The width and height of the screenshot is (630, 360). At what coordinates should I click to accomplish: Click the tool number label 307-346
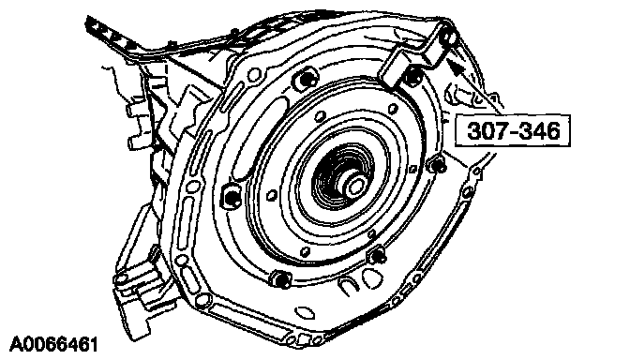tap(514, 130)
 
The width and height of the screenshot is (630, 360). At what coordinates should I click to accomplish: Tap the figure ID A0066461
tap(53, 345)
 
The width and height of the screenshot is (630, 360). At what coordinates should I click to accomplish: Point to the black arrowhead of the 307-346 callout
tap(455, 67)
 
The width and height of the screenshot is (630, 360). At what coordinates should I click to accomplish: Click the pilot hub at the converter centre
tap(354, 185)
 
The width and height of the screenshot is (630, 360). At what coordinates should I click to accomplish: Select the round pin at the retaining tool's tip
tap(449, 37)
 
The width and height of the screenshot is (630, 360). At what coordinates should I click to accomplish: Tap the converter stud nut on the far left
tap(232, 197)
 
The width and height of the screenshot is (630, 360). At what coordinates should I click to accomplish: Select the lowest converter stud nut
tap(281, 279)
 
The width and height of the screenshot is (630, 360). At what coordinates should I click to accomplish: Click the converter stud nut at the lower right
tap(378, 256)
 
